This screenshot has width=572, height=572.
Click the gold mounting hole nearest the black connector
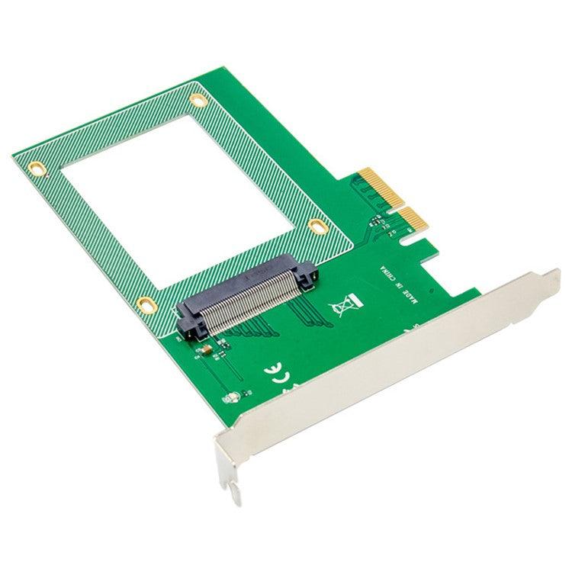(x=143, y=305)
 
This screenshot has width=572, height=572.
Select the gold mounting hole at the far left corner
(x=34, y=166)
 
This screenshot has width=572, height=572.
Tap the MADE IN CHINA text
(x=397, y=284)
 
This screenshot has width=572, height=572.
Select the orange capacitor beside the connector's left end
(x=203, y=350)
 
